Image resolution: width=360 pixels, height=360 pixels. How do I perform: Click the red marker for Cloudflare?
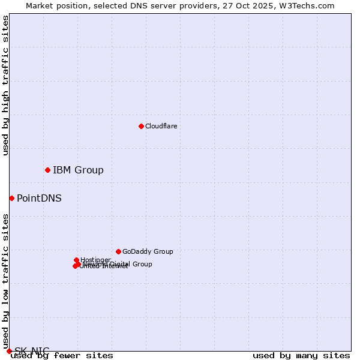click(141, 126)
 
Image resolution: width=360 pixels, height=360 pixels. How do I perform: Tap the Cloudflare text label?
click(161, 126)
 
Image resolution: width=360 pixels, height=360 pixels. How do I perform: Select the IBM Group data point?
click(47, 170)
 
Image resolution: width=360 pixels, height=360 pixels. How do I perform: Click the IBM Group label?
click(78, 170)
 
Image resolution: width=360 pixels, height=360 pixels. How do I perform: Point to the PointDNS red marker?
click(11, 198)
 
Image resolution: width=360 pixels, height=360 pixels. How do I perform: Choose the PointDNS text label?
click(39, 198)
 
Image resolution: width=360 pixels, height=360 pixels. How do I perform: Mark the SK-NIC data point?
click(9, 351)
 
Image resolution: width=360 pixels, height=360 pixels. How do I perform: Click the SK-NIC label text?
click(32, 350)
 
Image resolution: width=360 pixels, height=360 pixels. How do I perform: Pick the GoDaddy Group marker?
click(118, 251)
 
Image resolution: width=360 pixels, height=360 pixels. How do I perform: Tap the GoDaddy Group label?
click(148, 251)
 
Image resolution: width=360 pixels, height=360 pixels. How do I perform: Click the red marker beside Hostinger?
click(76, 260)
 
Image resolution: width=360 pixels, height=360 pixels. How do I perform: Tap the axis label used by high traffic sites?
click(5, 86)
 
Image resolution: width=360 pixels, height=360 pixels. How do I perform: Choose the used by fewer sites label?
click(62, 355)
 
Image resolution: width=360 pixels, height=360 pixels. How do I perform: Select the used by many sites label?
click(301, 355)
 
